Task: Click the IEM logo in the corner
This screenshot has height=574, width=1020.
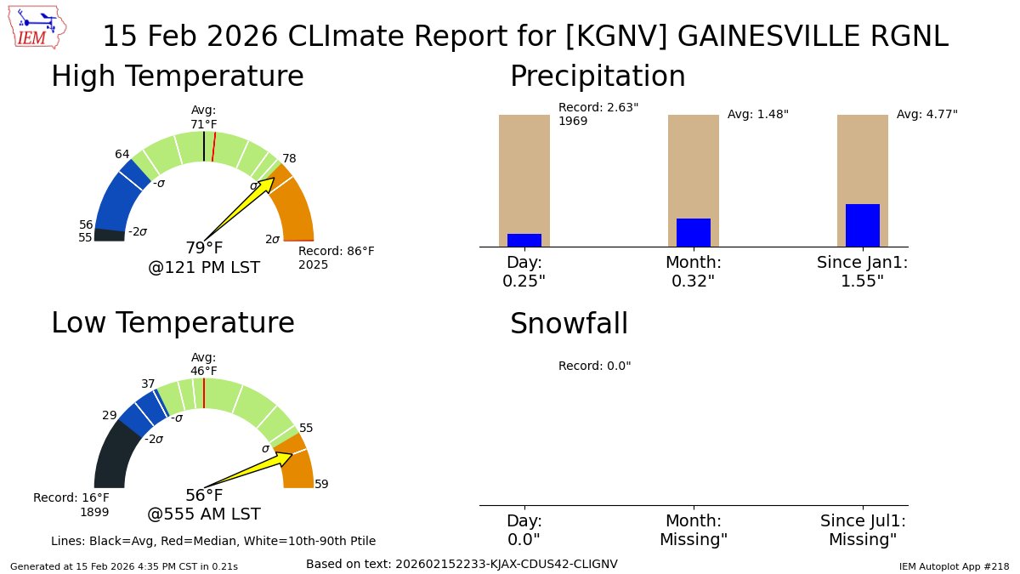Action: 41,29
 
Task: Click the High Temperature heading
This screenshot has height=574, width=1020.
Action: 177,77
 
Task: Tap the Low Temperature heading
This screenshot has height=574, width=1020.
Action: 173,324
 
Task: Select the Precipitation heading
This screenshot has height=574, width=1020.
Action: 597,77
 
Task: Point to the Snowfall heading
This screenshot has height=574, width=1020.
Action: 569,324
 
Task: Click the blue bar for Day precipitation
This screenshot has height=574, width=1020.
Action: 524,240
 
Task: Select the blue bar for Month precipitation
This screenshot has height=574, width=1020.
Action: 693,232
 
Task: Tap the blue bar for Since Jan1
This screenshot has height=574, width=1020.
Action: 862,225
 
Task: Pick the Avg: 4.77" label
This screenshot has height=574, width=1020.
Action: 926,114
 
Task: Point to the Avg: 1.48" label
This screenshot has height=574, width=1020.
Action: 757,114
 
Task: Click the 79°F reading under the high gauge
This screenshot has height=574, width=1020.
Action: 204,248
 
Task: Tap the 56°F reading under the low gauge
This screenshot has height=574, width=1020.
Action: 204,496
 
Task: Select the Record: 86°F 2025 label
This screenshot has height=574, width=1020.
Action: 336,258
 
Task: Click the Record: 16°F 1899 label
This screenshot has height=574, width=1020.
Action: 72,504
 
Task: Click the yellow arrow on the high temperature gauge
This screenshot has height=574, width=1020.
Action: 242,207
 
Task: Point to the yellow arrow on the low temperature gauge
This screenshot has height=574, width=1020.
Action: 251,469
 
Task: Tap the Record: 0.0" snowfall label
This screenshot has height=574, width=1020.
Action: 594,367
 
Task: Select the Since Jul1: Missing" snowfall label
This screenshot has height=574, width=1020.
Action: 863,530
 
